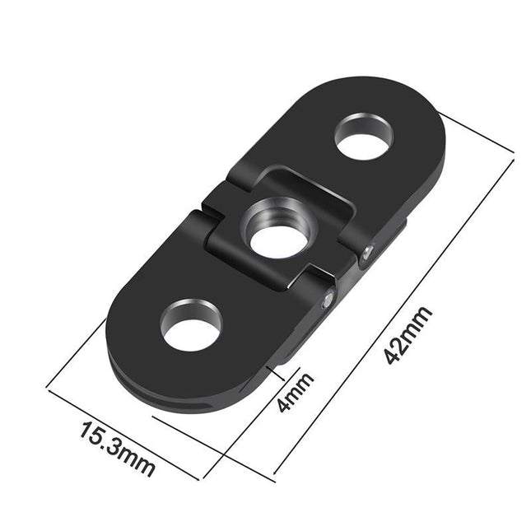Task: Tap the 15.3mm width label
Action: (117, 448)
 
